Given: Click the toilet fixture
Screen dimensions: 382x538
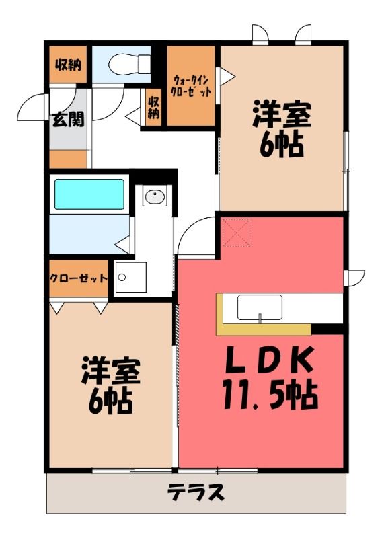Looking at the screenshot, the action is click(x=129, y=63).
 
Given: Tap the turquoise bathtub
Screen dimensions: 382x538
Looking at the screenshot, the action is click(x=89, y=194).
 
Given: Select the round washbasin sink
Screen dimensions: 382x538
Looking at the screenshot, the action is click(x=155, y=196).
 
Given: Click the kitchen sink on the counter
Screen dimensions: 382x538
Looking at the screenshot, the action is click(x=260, y=308).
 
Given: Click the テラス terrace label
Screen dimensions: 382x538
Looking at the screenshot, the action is click(x=196, y=492).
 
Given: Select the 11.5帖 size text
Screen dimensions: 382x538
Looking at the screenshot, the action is click(x=270, y=395).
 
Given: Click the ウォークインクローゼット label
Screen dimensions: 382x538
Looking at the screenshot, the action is click(x=191, y=87).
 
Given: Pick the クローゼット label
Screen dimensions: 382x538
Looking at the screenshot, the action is click(x=79, y=278).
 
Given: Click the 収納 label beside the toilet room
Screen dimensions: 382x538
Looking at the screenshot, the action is click(x=69, y=65).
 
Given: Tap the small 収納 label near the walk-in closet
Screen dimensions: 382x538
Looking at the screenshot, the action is click(x=154, y=108).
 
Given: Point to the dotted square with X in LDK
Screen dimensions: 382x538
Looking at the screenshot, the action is click(x=237, y=233).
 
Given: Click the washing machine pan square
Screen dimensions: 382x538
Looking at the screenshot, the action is click(x=130, y=277).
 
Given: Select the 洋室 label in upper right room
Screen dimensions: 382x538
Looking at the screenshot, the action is click(x=282, y=114).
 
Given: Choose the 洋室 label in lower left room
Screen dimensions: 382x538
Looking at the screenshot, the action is click(x=110, y=371).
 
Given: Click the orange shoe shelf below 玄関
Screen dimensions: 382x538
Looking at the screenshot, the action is click(x=68, y=159).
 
